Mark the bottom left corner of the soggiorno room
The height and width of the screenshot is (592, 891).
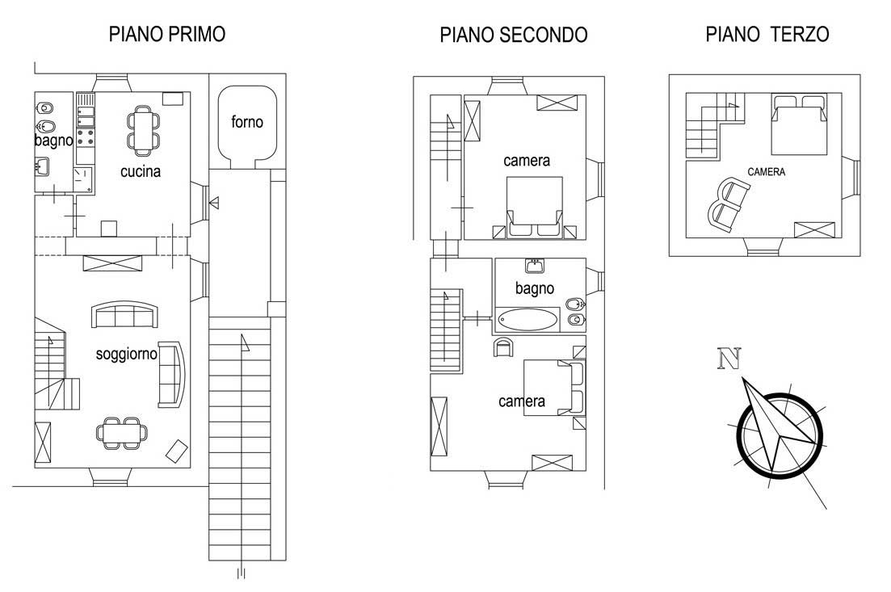(35, 468)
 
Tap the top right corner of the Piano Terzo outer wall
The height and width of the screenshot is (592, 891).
(860, 74)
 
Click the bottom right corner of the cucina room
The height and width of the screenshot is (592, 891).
(191, 237)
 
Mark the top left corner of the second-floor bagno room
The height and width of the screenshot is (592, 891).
(495, 258)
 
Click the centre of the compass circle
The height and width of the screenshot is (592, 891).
(780, 435)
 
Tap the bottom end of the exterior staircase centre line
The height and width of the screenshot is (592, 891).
(241, 577)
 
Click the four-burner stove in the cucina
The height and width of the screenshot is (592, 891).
(86, 137)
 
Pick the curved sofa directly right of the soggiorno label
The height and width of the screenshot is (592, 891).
(171, 375)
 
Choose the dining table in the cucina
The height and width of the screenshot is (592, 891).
(143, 131)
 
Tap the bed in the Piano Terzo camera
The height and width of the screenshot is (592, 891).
(798, 124)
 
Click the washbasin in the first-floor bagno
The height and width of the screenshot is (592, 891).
(42, 167)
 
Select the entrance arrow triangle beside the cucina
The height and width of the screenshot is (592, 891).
(214, 202)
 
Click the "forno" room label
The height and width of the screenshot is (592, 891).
(247, 122)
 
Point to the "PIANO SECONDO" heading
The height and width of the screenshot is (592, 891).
(514, 35)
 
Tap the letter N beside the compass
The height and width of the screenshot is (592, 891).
(729, 359)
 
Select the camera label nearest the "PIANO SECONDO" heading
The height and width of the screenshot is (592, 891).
(527, 161)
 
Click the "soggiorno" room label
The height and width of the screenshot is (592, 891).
(127, 355)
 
